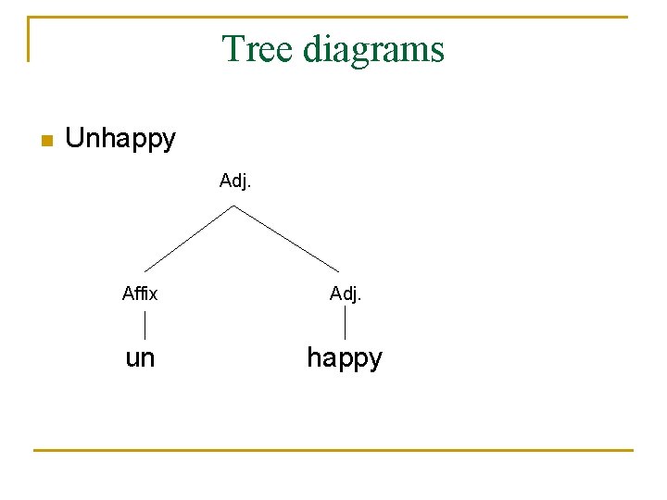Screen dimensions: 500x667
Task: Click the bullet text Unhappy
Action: coord(120,139)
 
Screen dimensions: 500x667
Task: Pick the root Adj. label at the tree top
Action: coord(235,181)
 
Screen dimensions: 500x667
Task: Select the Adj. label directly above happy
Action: coord(346,294)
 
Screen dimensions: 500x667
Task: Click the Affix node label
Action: coord(140,294)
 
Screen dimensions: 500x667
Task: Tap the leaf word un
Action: coord(140,357)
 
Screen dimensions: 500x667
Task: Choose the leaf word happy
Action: coord(345,357)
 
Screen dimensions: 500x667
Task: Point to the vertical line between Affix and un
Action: coord(145,325)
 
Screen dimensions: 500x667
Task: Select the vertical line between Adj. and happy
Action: coord(346,323)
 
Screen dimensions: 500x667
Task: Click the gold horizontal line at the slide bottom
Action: coord(333,450)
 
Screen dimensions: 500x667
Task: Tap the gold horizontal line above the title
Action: coord(333,17)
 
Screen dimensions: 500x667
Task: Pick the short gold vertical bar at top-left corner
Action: coord(29,39)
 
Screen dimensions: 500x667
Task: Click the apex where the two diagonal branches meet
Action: coord(234,206)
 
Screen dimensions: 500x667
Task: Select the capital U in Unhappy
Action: coord(75,139)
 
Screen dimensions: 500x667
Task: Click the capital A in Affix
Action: coord(127,294)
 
